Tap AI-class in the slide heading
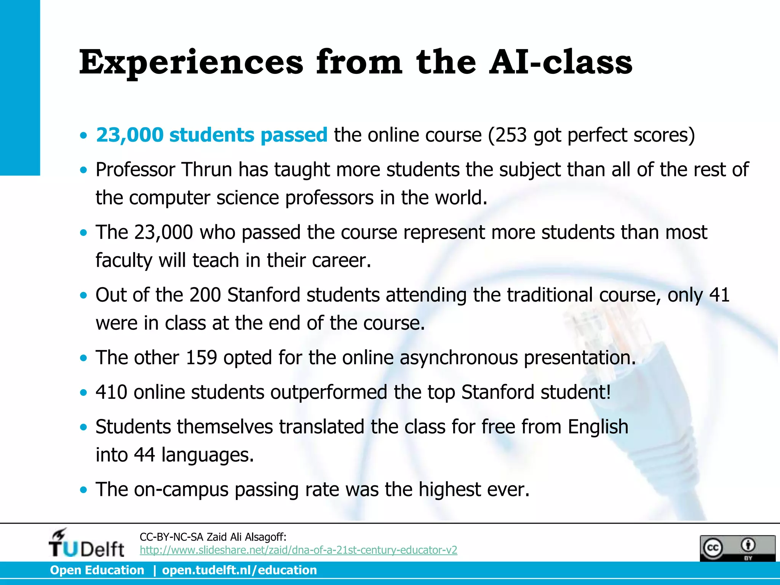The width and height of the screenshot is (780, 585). tap(561, 62)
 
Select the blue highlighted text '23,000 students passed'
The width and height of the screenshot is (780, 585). tap(211, 135)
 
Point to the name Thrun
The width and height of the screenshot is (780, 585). tap(206, 169)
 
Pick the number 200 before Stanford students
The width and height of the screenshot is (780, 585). tap(205, 295)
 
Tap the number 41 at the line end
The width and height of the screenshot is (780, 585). tap(719, 295)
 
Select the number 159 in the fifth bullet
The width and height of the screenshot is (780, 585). tap(201, 358)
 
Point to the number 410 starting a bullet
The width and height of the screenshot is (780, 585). tap(111, 392)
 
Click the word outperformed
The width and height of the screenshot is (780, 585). tap(328, 392)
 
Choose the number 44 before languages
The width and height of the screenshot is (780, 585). tap(144, 455)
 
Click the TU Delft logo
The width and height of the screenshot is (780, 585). tap(86, 543)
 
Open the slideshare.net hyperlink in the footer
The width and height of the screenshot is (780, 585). tap(298, 550)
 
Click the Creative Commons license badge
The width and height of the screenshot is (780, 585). tap(737, 548)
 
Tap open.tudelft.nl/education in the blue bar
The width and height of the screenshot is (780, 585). tap(239, 570)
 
